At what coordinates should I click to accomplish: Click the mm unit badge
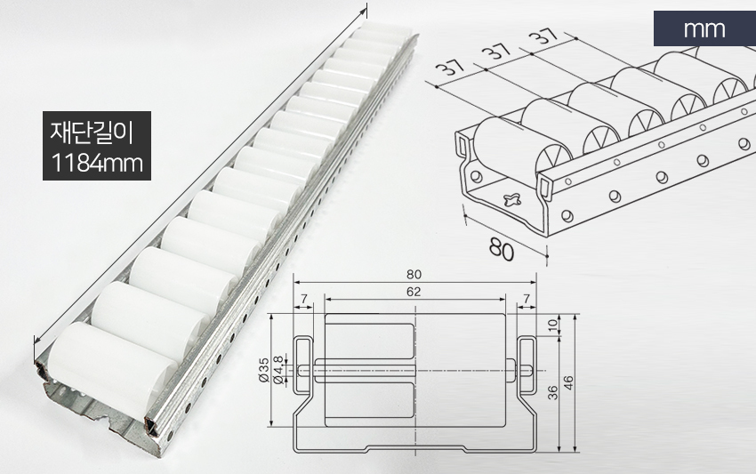[704, 29]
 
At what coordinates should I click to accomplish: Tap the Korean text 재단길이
[91, 133]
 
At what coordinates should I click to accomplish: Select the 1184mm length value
[96, 163]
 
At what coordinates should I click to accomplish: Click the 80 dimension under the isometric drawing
[502, 249]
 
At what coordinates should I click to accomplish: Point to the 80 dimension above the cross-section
[414, 275]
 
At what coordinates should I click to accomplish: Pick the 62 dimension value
[414, 292]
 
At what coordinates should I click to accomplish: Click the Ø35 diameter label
[263, 370]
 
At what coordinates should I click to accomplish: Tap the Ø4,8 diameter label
[277, 370]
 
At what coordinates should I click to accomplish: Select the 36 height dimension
[553, 392]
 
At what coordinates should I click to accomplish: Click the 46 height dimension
[568, 383]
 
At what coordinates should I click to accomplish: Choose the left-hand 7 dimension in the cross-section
[304, 299]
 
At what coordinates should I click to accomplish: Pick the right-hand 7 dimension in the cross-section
[527, 299]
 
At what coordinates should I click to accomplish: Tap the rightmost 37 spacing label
[543, 36]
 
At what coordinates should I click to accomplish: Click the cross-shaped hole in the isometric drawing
[512, 198]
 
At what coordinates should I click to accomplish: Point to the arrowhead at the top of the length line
[364, 12]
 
